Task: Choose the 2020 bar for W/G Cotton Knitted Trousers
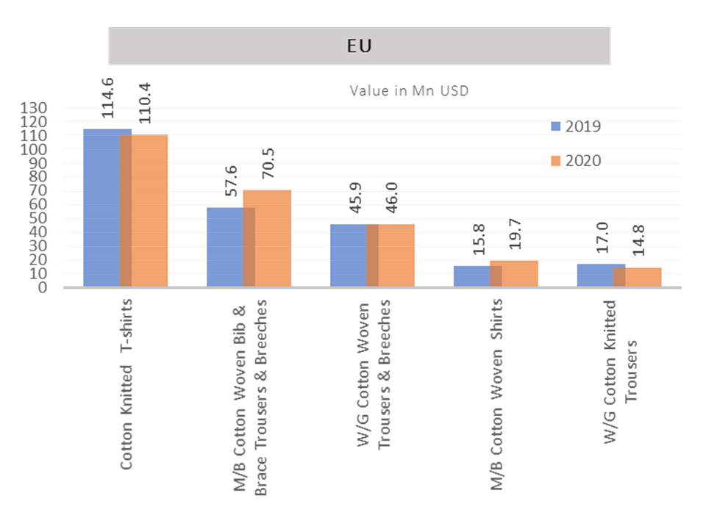[643, 278]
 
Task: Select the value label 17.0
[601, 239]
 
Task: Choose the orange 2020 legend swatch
[557, 161]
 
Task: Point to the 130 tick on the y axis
[36, 109]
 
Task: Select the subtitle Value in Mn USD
[409, 92]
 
